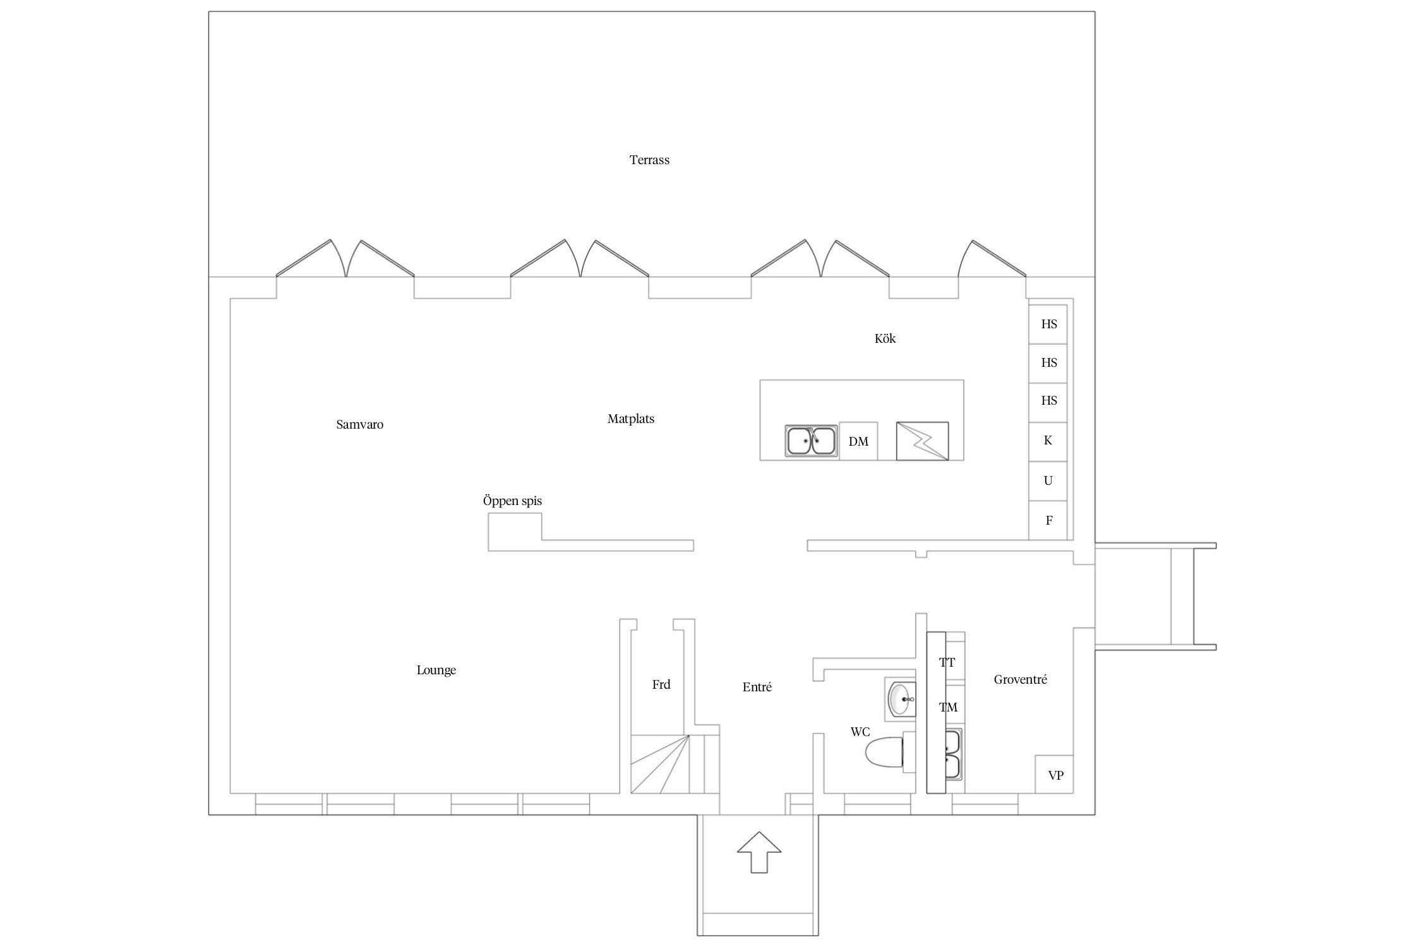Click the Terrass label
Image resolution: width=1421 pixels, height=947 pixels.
[649, 160]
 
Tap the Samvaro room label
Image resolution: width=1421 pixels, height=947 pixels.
[359, 424]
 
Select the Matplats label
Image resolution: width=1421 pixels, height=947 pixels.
[631, 419]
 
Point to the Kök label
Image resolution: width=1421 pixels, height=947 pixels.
[885, 338]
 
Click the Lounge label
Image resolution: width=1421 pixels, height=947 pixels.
[436, 670]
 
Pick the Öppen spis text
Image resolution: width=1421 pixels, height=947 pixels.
[512, 501]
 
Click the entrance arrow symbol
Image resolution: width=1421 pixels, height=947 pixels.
[759, 852]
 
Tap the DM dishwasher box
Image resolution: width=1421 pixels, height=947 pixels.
[858, 441]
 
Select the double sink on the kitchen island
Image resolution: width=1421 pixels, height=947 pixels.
[811, 441]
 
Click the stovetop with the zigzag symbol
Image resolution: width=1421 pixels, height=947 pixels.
[922, 441]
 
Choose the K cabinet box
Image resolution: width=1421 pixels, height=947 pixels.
[1048, 441]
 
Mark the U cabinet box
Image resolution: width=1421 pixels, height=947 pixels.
[1048, 481]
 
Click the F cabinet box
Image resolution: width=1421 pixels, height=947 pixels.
[1048, 520]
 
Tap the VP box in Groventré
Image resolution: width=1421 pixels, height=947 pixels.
[1054, 775]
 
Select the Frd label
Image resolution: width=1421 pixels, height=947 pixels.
[661, 684]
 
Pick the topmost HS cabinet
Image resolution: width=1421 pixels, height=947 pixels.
[1048, 324]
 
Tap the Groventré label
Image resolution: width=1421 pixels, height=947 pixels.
[1021, 680]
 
